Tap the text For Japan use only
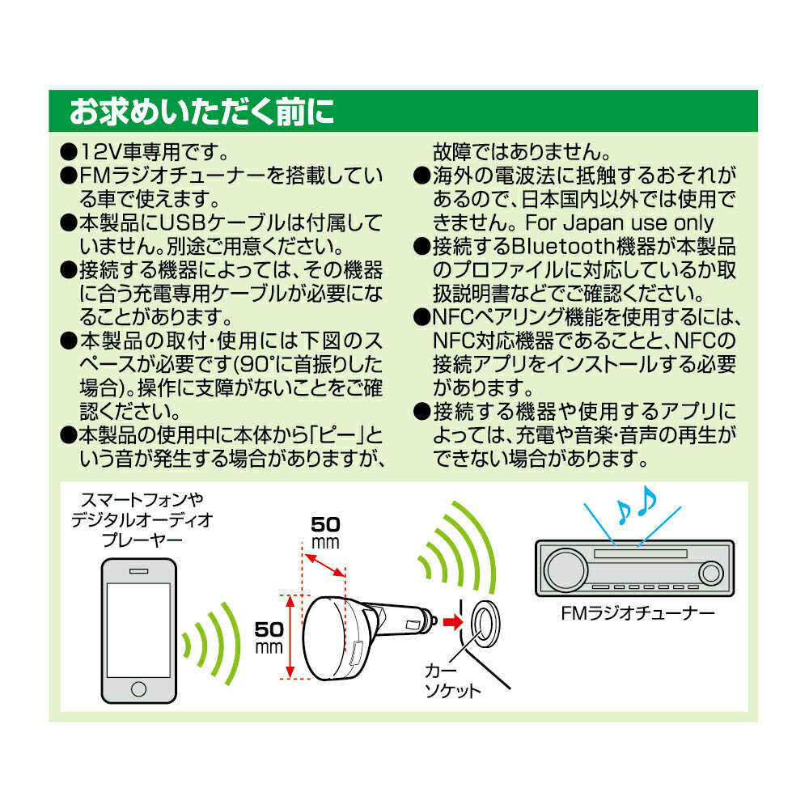(621, 222)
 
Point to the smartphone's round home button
(139, 689)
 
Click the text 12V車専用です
(145, 152)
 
